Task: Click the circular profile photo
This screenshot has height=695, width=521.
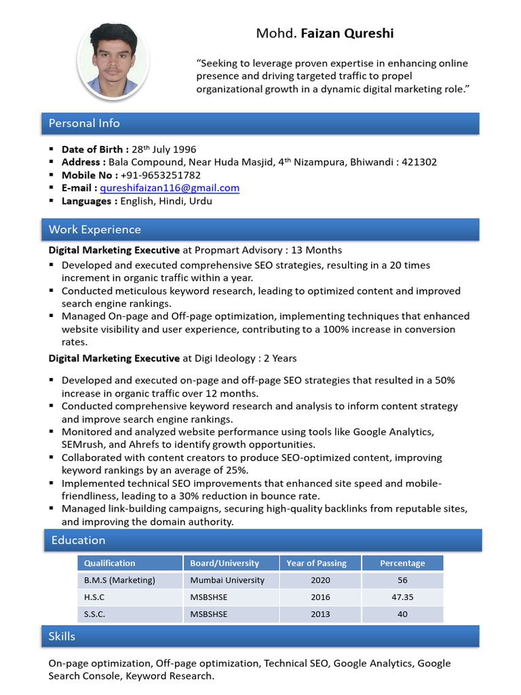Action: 113,60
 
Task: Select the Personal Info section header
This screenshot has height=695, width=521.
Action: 84,123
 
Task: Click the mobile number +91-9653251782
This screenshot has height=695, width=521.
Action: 161,175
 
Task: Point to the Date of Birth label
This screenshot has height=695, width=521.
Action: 92,149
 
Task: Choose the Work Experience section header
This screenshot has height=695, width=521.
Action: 95,229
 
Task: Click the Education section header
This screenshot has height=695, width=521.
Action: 78,540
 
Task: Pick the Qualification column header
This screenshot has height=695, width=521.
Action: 109,563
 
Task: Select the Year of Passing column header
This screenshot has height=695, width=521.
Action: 316,563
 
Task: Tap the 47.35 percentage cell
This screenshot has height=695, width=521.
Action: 402,597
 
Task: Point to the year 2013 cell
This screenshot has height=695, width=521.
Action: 320,614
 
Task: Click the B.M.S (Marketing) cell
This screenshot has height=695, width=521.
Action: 119,580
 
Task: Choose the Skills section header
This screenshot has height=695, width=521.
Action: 62,636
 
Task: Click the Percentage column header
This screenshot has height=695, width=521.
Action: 402,563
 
